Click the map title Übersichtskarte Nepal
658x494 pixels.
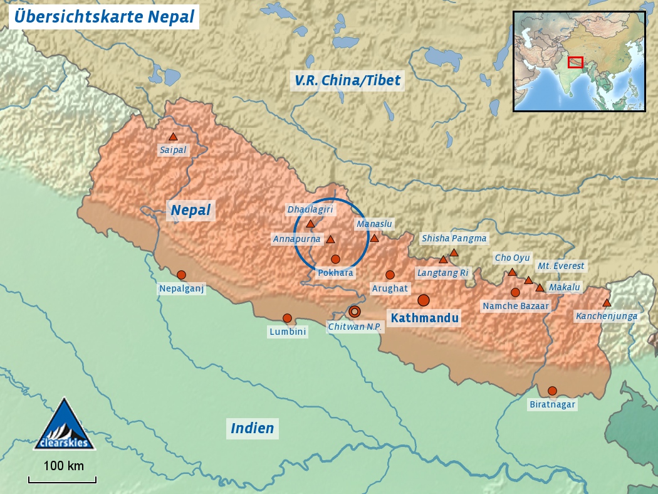(x=104, y=17)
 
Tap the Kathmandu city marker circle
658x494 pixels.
(x=424, y=300)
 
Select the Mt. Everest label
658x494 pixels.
(x=561, y=266)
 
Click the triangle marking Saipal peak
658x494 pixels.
(x=173, y=137)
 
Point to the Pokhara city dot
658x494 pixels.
(x=335, y=259)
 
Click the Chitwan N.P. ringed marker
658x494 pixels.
(x=355, y=311)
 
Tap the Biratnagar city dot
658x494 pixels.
(x=552, y=391)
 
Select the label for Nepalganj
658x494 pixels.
(x=182, y=288)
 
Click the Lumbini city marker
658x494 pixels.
(x=287, y=318)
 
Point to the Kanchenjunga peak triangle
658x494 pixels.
(x=607, y=303)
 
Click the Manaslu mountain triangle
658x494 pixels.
(x=374, y=238)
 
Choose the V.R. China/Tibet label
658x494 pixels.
(x=347, y=80)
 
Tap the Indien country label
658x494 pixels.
(x=253, y=428)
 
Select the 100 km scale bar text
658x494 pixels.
(x=63, y=466)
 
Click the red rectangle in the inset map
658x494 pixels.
(x=575, y=62)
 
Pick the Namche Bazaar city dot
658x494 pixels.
(x=515, y=292)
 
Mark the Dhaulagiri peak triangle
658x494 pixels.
(x=310, y=224)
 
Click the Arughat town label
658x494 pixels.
(x=390, y=288)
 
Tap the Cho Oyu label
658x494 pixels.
(x=512, y=258)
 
